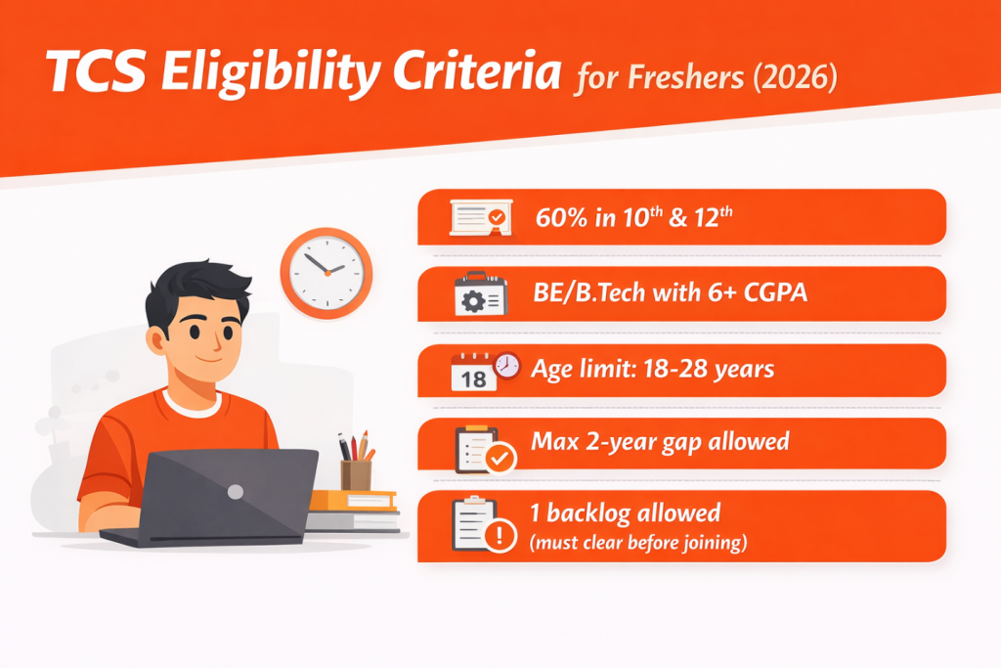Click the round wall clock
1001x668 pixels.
pyautogui.click(x=326, y=266)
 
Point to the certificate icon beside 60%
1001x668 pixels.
pyautogui.click(x=479, y=217)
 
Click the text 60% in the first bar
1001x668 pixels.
pyautogui.click(x=558, y=218)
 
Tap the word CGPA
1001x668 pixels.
pyautogui.click(x=772, y=292)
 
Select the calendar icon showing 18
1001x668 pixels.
pyautogui.click(x=475, y=373)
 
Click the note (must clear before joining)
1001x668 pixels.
pyautogui.click(x=638, y=541)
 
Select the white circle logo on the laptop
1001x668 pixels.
pyautogui.click(x=236, y=492)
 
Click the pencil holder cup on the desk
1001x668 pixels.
pyautogui.click(x=356, y=474)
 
